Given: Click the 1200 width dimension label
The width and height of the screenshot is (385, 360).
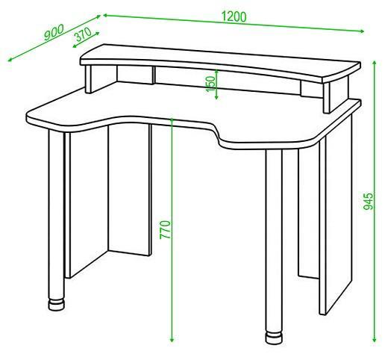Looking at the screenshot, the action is (x=234, y=16).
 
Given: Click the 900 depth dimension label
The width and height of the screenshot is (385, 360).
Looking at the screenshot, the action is (x=54, y=32).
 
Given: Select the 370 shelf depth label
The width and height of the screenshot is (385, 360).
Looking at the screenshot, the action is (x=84, y=34).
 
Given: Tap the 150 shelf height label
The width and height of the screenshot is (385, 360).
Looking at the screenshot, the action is (x=210, y=84).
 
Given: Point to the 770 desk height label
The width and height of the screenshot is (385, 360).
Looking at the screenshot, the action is (x=165, y=229).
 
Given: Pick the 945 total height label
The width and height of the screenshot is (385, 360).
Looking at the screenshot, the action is (x=369, y=201).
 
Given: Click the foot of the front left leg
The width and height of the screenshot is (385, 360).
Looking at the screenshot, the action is (x=57, y=305).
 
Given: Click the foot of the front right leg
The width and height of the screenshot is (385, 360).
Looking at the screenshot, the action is (x=274, y=338).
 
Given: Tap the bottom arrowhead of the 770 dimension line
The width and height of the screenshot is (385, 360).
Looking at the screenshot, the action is (x=172, y=340).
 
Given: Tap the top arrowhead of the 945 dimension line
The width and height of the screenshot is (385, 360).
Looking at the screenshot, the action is (x=375, y=63).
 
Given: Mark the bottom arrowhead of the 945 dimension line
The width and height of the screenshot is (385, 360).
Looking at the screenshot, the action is (x=374, y=340).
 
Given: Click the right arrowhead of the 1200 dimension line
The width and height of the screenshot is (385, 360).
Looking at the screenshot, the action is (x=362, y=31).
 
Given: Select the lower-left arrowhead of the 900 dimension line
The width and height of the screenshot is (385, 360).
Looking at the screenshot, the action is (x=10, y=60).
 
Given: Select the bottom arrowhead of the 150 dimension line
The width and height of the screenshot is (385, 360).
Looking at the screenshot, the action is (x=216, y=97).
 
